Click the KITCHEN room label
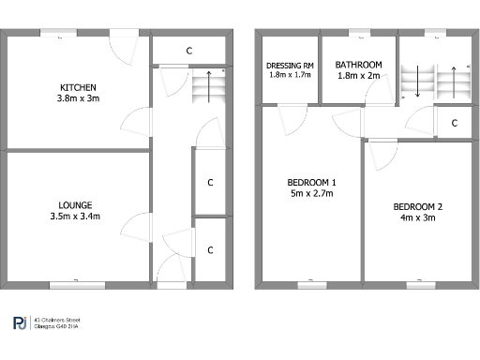tap(76, 86)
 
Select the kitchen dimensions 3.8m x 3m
tap(76, 97)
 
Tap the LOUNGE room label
tap(76, 204)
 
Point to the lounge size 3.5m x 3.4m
tap(76, 216)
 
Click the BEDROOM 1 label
tap(311, 182)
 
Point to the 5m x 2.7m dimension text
tap(311, 193)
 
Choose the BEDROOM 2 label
tap(417, 206)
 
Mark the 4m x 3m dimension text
tap(417, 217)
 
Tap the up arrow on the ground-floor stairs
tap(208, 82)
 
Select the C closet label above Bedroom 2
tap(454, 123)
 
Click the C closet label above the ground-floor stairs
tap(188, 50)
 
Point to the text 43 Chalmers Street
tap(56, 320)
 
